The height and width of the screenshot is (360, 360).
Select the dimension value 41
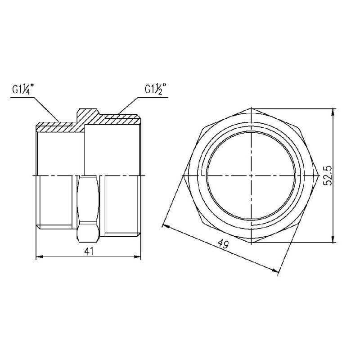click(89, 252)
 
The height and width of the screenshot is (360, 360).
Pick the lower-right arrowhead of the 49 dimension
click(275, 270)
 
